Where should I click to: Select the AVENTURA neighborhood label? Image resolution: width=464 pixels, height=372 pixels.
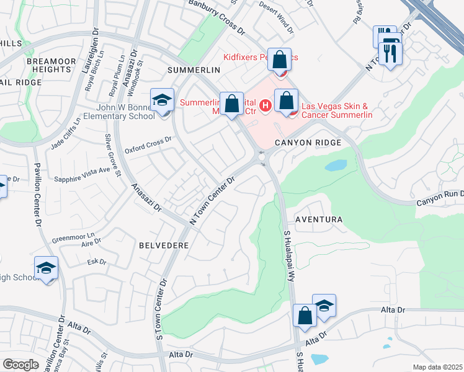[318, 220]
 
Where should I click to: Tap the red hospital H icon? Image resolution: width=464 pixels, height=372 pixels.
[265, 107]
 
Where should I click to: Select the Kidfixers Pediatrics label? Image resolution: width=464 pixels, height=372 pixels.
[261, 57]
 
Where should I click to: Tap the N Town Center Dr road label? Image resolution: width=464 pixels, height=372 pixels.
[212, 201]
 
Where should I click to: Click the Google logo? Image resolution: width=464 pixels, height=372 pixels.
[20, 364]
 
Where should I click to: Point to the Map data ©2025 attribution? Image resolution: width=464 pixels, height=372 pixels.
[437, 367]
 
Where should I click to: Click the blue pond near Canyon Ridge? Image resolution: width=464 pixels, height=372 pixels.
[335, 165]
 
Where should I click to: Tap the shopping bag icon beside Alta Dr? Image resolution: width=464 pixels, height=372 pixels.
[305, 316]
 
